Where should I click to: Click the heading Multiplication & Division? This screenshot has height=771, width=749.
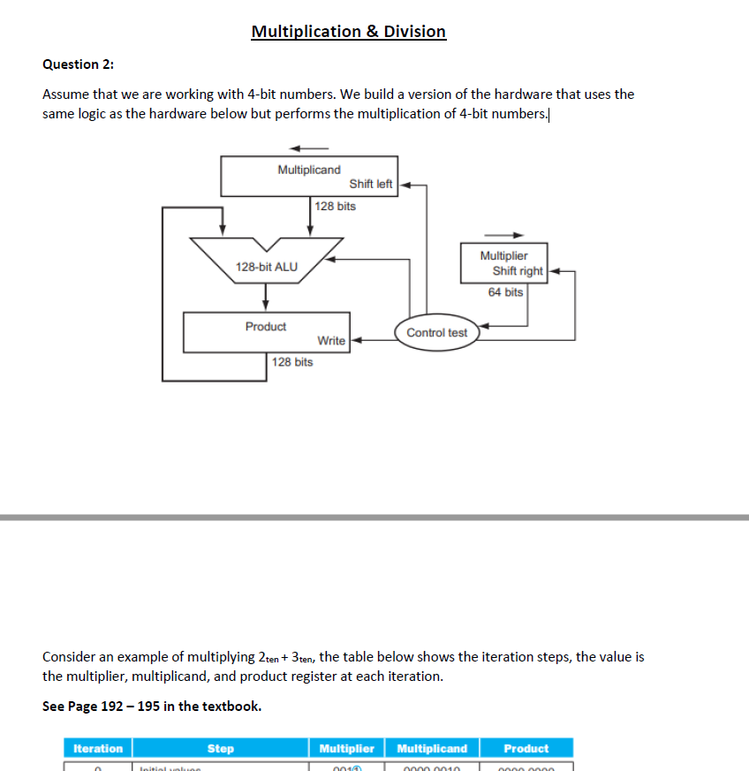(348, 32)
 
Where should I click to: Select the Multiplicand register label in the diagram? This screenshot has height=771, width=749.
(308, 170)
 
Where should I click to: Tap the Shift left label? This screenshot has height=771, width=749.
(371, 185)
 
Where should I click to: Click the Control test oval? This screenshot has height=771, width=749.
(436, 333)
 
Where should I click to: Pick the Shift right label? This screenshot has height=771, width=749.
(518, 271)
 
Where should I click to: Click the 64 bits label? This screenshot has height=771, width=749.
(505, 292)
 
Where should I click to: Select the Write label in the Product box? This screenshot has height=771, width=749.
(331, 341)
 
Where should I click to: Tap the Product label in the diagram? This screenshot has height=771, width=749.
(266, 327)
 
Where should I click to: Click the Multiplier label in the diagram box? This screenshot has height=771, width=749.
(503, 256)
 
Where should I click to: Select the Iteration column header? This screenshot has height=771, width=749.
(97, 749)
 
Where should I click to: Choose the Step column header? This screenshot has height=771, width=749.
(220, 749)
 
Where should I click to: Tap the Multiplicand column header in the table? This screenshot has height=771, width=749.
(432, 749)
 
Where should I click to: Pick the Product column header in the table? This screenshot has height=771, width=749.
(526, 749)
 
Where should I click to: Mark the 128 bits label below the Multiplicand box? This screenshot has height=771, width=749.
(336, 206)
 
